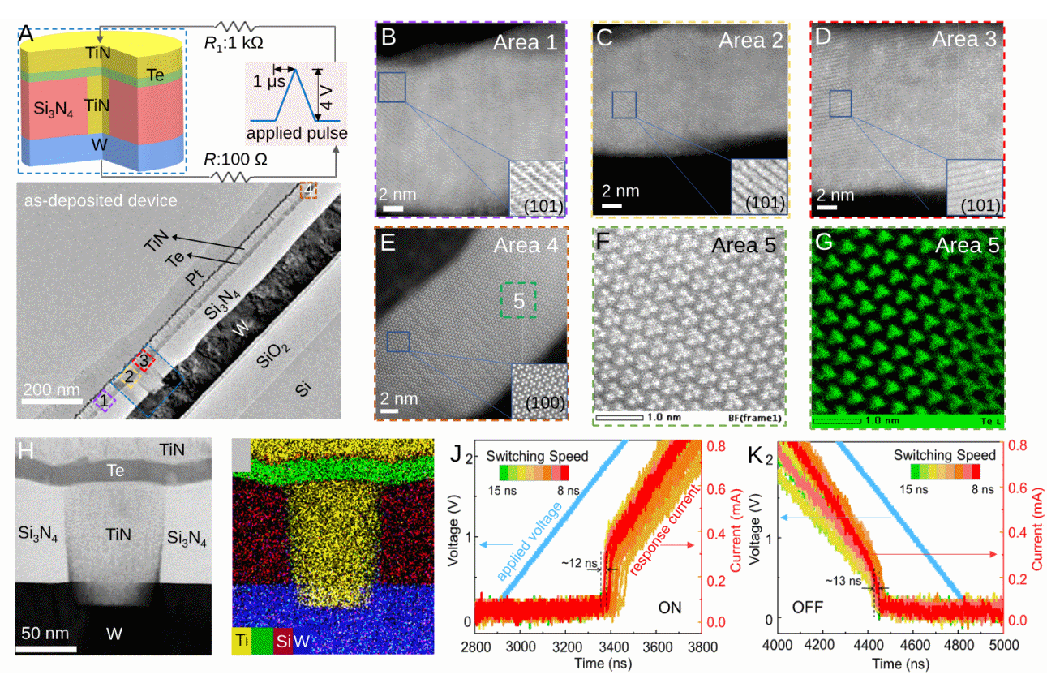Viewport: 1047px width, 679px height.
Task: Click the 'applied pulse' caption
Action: (x=298, y=133)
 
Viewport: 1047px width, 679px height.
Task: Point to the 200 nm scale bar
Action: (x=49, y=400)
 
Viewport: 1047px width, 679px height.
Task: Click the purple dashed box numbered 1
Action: (x=102, y=400)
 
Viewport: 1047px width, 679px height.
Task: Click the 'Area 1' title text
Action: (x=526, y=42)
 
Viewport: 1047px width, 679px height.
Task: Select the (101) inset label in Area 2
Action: (x=759, y=204)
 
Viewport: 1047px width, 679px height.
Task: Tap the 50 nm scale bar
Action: (x=46, y=648)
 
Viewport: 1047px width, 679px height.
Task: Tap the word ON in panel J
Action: (x=670, y=607)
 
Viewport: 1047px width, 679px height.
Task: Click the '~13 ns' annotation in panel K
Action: (x=844, y=581)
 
